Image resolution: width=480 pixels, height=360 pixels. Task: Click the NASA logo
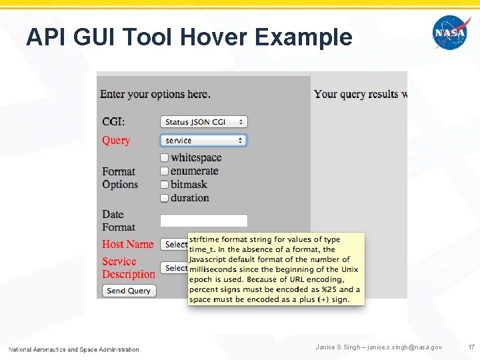tap(451, 33)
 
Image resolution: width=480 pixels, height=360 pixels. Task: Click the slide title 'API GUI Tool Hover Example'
tap(189, 37)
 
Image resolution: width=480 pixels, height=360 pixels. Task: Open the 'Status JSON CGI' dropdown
tap(203, 122)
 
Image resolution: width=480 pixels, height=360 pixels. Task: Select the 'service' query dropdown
tap(203, 141)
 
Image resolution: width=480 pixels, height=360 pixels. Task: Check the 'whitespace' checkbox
tap(165, 158)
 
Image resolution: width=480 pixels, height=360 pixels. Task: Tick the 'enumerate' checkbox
tap(165, 171)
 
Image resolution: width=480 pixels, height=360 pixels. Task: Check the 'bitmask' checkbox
tap(165, 185)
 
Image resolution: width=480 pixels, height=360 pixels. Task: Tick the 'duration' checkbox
tap(165, 198)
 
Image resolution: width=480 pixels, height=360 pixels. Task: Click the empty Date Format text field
tap(203, 221)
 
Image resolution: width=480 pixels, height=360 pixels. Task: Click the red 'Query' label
tap(116, 141)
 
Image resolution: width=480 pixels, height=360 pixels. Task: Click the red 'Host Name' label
tap(127, 245)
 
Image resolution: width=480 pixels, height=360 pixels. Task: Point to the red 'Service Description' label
tap(128, 268)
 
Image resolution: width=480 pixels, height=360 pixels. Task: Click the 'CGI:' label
tap(113, 122)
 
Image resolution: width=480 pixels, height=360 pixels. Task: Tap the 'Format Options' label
tap(120, 178)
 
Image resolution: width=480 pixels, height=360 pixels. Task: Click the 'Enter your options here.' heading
tap(155, 94)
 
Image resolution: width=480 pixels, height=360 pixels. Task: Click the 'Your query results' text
tap(359, 94)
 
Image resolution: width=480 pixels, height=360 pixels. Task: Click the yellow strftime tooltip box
tap(276, 269)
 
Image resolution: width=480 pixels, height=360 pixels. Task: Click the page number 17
tap(471, 347)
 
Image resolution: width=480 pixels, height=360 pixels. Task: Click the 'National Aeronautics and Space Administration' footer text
tap(74, 349)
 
